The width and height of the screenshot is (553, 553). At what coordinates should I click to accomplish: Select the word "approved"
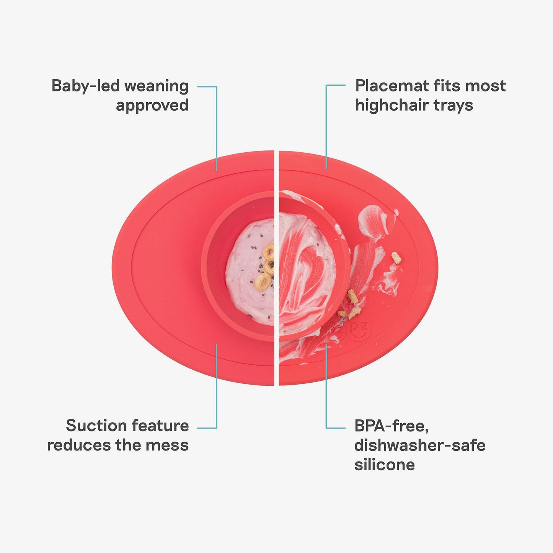point(152,106)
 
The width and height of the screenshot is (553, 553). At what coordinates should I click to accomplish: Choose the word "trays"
point(454,106)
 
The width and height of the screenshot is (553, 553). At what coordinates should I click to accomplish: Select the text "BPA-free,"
point(392,426)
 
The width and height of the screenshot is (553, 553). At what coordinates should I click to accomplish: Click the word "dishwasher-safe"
point(419,445)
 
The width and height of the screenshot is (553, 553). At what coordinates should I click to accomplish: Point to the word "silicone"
point(384,465)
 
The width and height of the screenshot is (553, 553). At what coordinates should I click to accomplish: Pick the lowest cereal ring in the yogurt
point(262,280)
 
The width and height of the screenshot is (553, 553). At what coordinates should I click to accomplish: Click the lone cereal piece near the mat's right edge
point(396,258)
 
